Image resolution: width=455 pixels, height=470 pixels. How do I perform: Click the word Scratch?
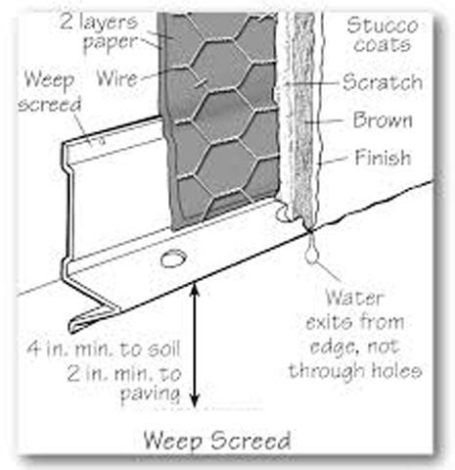[x=383, y=81]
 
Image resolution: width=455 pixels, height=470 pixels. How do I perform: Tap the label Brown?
[x=383, y=119]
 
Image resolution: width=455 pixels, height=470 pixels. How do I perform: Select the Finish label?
[x=383, y=158]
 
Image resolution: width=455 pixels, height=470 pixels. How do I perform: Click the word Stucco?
[x=383, y=25]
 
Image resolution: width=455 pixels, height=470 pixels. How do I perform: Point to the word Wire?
[x=117, y=78]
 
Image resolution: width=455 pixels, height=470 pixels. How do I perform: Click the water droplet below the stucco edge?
[x=312, y=253]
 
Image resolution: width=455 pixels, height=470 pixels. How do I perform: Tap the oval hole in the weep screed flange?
[x=173, y=258]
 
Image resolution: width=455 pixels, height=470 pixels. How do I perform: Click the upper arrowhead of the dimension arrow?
[x=195, y=290]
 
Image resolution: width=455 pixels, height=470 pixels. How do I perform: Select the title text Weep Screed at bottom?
[x=217, y=441]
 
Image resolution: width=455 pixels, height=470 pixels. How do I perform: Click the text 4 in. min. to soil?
[x=104, y=349]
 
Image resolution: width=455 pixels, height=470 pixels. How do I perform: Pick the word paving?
[x=151, y=394]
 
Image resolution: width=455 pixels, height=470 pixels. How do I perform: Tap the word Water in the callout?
[x=354, y=298]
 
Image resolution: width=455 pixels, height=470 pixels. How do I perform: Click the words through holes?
[x=355, y=370]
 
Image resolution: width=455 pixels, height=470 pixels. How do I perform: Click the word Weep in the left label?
[x=50, y=80]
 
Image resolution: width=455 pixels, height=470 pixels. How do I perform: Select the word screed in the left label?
[x=50, y=105]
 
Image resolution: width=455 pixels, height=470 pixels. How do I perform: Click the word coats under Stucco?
[x=383, y=44]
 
